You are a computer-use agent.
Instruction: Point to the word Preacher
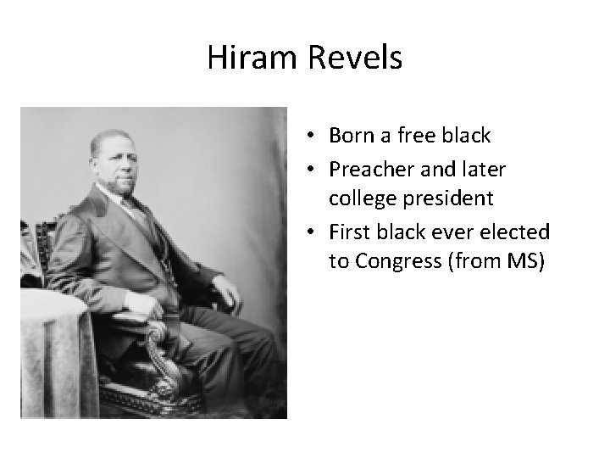click(370, 170)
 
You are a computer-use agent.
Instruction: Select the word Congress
click(393, 261)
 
